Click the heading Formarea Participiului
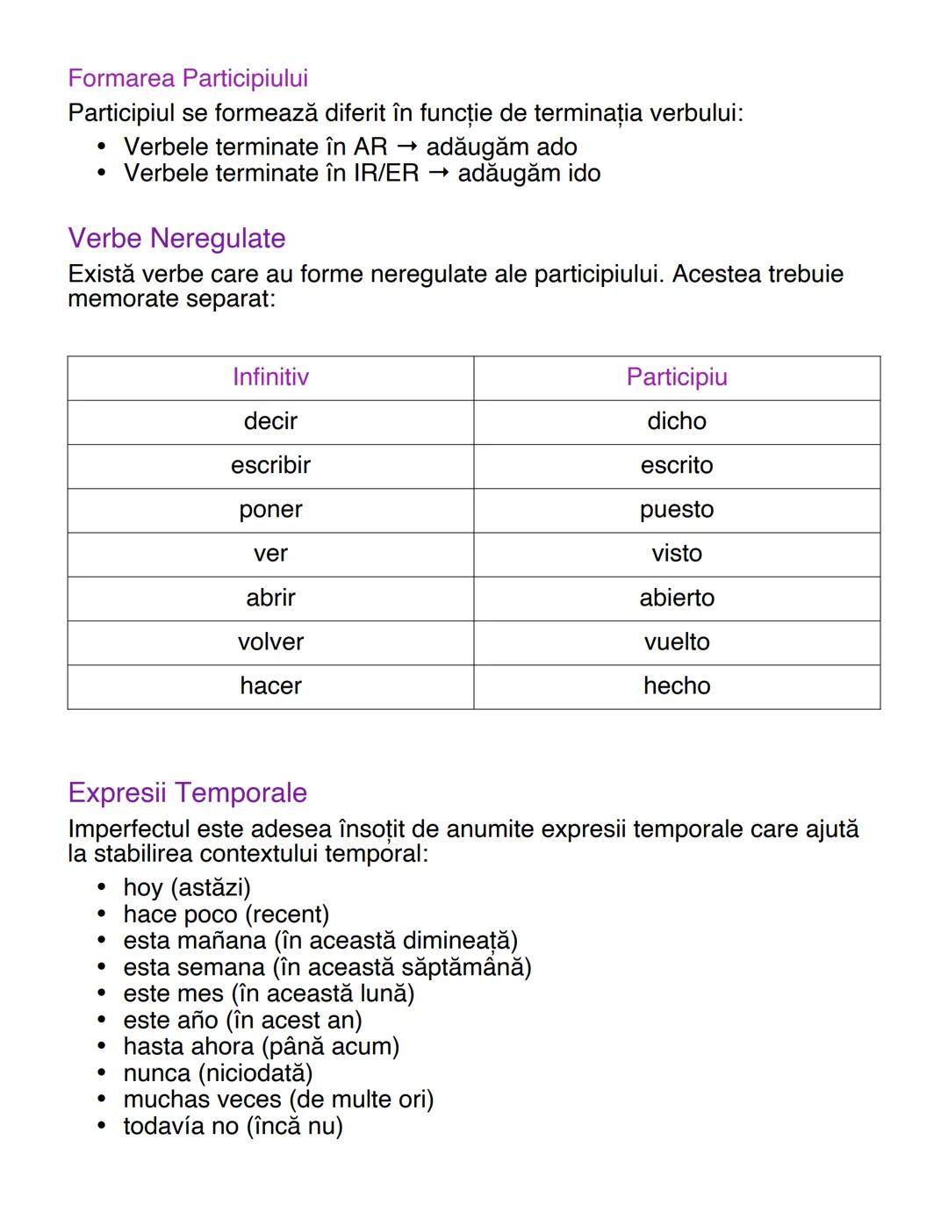point(188,79)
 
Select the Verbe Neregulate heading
point(176,239)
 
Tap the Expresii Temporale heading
point(187,792)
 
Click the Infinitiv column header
point(270,377)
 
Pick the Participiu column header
point(677,377)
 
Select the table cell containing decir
point(270,421)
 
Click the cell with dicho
point(677,421)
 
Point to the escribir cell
point(270,465)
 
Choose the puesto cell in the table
point(677,510)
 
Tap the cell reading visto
point(677,554)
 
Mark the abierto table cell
point(677,598)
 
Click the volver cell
point(270,642)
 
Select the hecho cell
point(677,685)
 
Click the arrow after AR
point(406,147)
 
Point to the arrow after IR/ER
point(438,173)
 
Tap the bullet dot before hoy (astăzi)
point(102,887)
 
